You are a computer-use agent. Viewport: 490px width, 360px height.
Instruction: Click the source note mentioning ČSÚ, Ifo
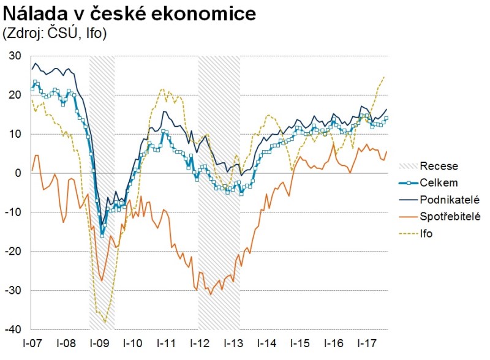tap(56, 33)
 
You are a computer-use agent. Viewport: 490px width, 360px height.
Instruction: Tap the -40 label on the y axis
tap(13, 329)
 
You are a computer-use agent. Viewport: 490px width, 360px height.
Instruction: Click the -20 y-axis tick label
tap(13, 251)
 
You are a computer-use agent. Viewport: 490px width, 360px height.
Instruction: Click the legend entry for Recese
tap(439, 166)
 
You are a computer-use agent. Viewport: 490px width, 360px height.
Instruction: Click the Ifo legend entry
tap(427, 233)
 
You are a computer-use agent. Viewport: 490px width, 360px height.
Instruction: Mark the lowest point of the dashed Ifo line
tap(105, 321)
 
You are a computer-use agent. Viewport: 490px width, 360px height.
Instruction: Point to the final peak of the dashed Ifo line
tap(383, 77)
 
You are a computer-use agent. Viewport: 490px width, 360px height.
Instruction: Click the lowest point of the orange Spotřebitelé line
tap(211, 294)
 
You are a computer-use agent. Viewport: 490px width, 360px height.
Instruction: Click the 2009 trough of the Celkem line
tap(102, 235)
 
